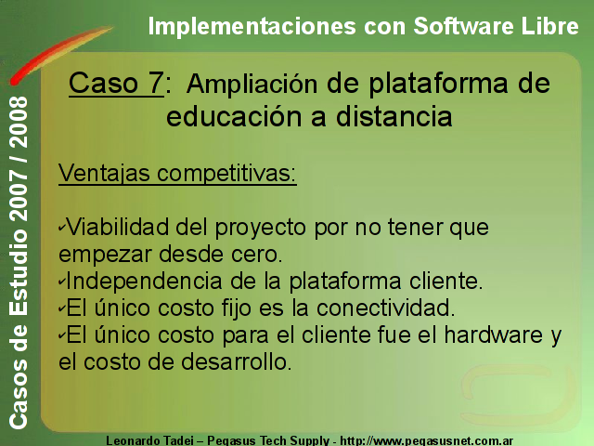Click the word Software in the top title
[463, 26]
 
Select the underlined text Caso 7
[116, 83]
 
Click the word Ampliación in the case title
[252, 85]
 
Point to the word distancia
[394, 116]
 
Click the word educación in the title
[235, 116]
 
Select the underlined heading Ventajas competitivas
[177, 174]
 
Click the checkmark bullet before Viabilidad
[62, 227]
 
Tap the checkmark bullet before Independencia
[62, 281]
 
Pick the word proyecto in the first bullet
[262, 229]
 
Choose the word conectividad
[386, 308]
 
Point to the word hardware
[494, 334]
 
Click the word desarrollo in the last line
[237, 361]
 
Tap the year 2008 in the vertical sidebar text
[19, 123]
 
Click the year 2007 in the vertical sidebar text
[19, 196]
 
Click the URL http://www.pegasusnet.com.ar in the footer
[427, 440]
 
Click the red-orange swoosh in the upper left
[60, 54]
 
